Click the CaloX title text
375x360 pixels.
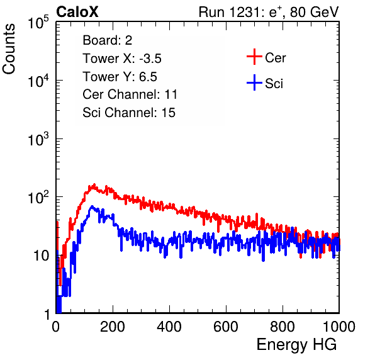pyautogui.click(x=77, y=12)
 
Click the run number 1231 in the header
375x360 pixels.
pyautogui.click(x=243, y=12)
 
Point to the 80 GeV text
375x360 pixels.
pyautogui.click(x=314, y=12)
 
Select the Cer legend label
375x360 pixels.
pyautogui.click(x=275, y=58)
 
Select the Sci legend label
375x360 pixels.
pyautogui.click(x=274, y=84)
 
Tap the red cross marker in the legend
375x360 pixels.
pyautogui.click(x=254, y=57)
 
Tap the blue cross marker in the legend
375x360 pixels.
pyautogui.click(x=254, y=82)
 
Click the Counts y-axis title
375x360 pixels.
pyautogui.click(x=9, y=49)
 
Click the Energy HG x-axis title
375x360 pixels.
pyautogui.click(x=296, y=345)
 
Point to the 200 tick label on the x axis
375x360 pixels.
pyautogui.click(x=113, y=327)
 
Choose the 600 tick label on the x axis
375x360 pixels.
pyautogui.click(x=226, y=327)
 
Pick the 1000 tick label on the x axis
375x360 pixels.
pyautogui.click(x=339, y=327)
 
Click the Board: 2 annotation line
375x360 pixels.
pyautogui.click(x=108, y=40)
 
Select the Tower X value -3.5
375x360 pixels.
pyautogui.click(x=150, y=59)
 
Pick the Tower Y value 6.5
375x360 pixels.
pyautogui.click(x=148, y=77)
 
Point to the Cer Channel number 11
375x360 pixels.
pyautogui.click(x=171, y=94)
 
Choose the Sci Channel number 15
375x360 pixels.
pyautogui.click(x=169, y=113)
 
